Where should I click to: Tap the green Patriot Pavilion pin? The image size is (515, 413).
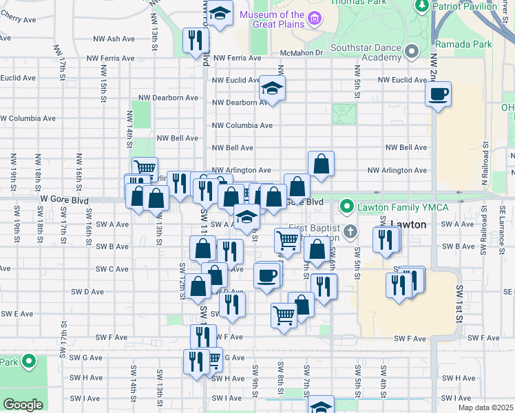click(422, 6)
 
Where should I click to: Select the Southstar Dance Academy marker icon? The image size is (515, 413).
click(412, 52)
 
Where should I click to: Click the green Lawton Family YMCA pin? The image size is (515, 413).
click(347, 206)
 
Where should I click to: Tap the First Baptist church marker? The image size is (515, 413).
click(351, 230)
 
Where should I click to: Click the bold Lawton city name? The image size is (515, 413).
click(410, 224)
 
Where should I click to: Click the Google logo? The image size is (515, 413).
click(23, 405)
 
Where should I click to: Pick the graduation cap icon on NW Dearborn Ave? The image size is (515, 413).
click(272, 88)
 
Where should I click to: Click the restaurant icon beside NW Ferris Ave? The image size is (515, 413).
click(195, 41)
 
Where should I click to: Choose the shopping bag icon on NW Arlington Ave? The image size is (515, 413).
click(321, 164)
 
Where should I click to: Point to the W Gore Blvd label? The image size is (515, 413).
click(65, 199)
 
